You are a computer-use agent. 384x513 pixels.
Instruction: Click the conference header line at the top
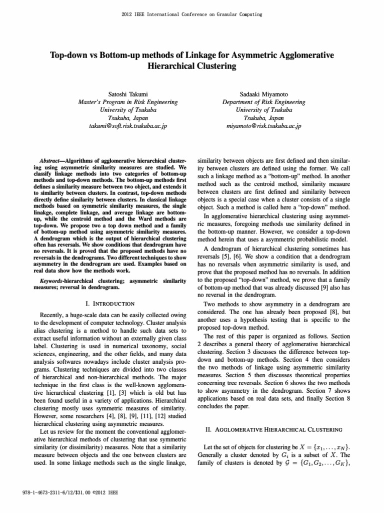(x=192, y=15)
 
